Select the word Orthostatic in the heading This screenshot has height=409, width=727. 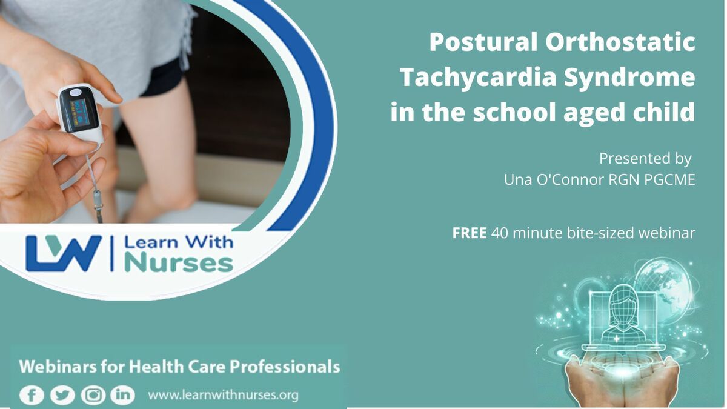pos(620,42)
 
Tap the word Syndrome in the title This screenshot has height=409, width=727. pos(630,78)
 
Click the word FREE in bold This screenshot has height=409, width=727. pos(470,233)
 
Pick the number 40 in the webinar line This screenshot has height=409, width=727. pos(500,233)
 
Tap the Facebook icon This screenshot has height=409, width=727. pos(32,395)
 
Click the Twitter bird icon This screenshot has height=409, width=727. pos(62,395)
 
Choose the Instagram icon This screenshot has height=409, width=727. pos(93,395)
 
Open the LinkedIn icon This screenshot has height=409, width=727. pos(122,395)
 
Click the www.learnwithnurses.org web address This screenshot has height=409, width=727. pos(223,395)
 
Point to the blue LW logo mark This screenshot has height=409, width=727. pos(64,253)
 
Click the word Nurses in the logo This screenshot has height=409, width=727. pos(179,263)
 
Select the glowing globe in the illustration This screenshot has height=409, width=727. pos(662,285)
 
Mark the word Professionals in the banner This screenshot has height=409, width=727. pos(285,367)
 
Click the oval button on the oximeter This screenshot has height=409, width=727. pos(76,93)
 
